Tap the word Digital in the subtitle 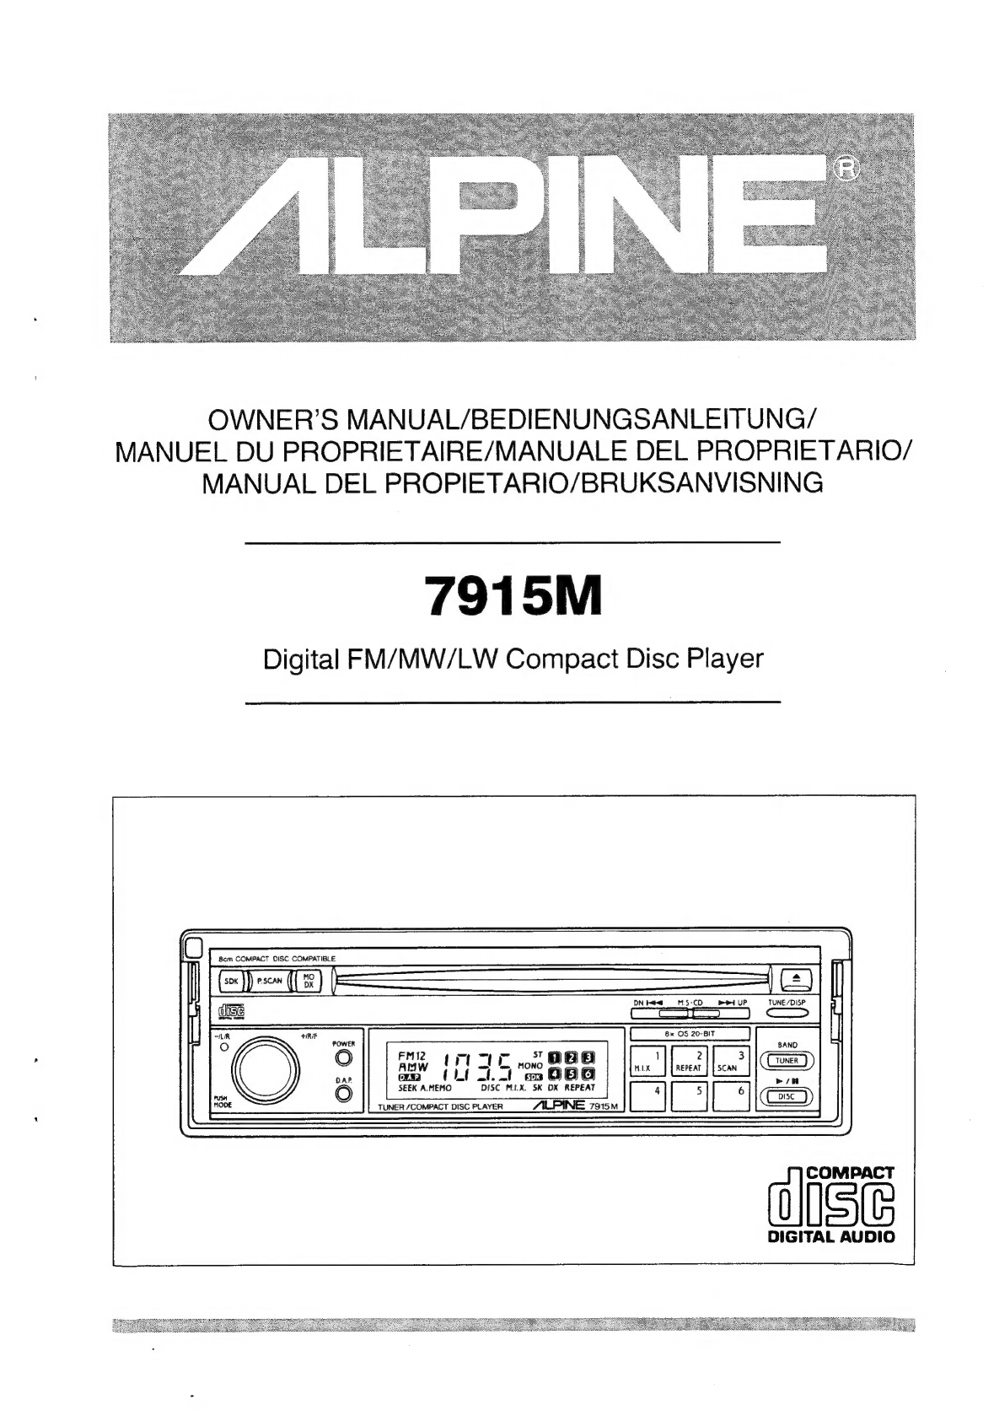(x=296, y=658)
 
